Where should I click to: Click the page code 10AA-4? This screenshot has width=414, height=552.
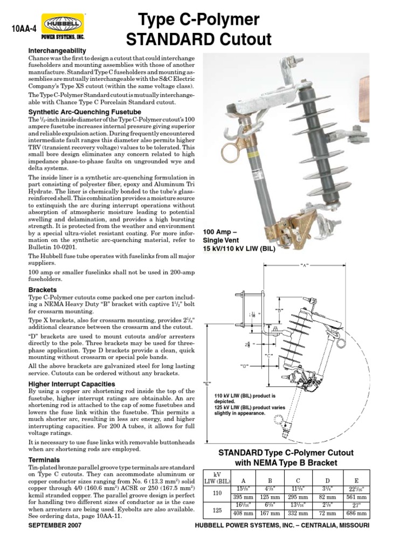click(x=23, y=30)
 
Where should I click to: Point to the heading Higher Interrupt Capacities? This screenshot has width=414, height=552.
click(x=70, y=384)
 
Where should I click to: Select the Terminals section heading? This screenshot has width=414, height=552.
click(x=45, y=459)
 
